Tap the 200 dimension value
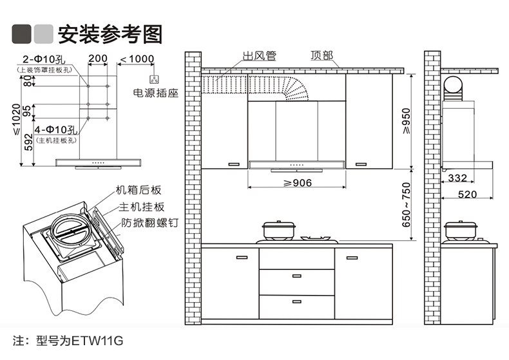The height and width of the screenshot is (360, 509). click(x=98, y=59)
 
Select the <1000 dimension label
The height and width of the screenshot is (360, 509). click(x=137, y=59)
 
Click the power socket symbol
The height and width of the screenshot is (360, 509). click(x=155, y=79)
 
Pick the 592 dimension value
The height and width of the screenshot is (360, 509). click(x=27, y=141)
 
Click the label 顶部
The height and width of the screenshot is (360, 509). click(x=322, y=56)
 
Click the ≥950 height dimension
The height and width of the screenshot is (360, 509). click(x=405, y=119)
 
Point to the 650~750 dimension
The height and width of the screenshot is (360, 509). click(x=405, y=205)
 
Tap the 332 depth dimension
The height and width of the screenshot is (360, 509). click(x=457, y=178)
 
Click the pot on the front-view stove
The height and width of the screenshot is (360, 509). click(x=277, y=231)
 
